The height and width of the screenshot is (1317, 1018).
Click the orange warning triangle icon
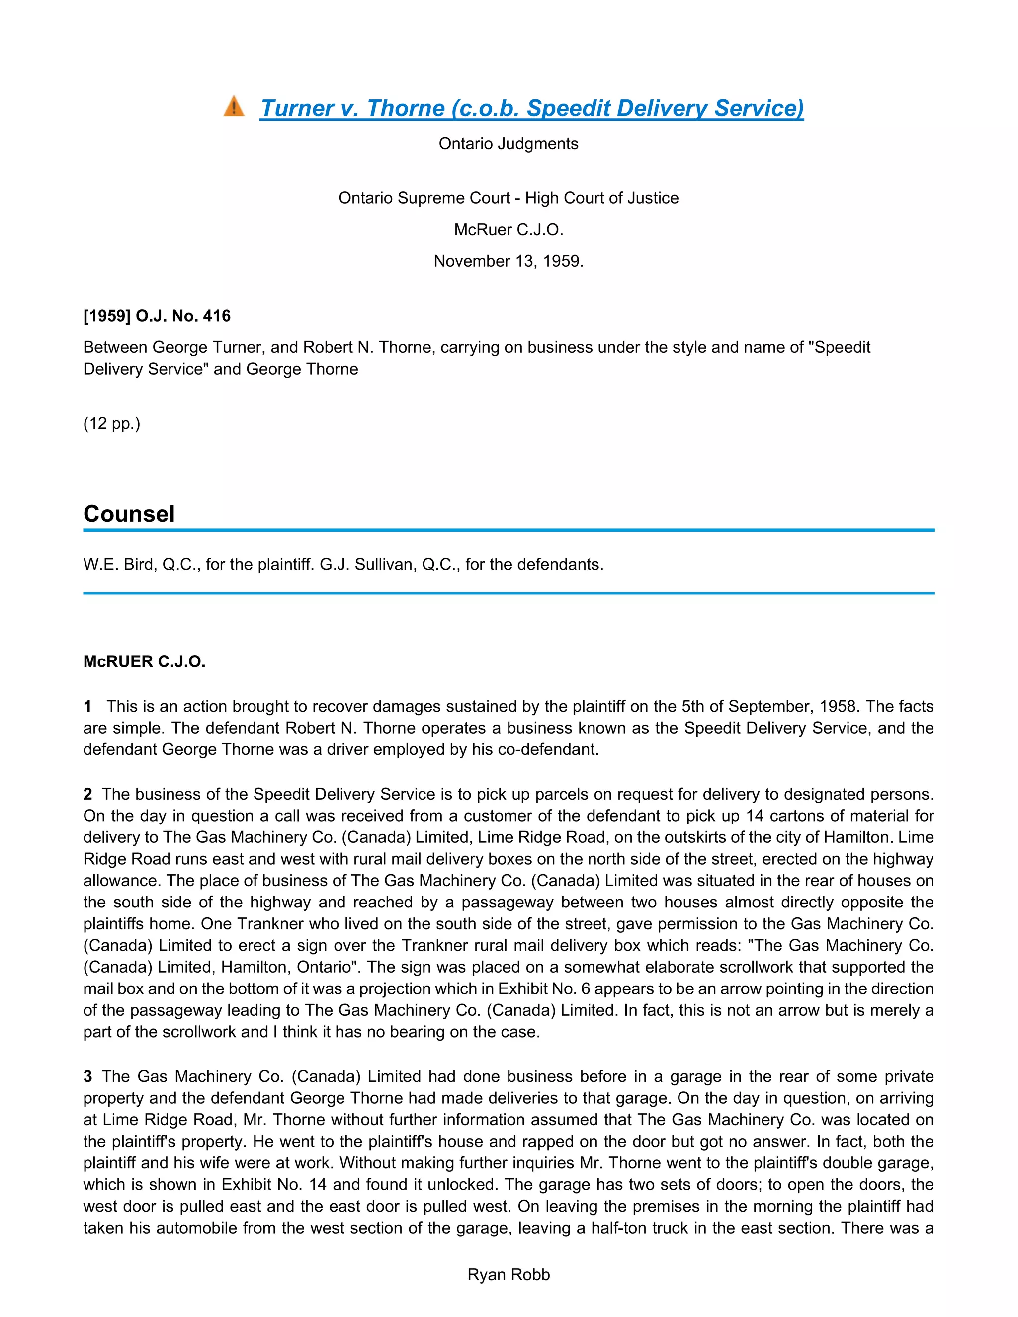[234, 107]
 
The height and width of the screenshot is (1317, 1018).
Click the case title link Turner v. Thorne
[531, 108]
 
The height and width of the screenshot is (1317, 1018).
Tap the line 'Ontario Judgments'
[509, 144]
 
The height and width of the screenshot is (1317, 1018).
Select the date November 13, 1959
[509, 261]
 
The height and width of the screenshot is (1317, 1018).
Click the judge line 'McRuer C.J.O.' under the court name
[509, 230]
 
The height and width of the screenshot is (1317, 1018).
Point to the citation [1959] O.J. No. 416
[157, 316]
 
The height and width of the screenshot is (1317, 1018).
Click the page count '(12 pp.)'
[111, 423]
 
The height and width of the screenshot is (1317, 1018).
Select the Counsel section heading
[129, 514]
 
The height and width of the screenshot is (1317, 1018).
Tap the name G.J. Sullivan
[368, 565]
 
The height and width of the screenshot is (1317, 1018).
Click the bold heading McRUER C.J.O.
[144, 661]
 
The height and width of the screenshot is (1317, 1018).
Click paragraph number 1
[88, 706]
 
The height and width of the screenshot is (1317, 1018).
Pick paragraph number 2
[88, 794]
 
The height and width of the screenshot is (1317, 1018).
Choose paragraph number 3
[88, 1076]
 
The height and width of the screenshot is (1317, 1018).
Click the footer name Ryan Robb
[509, 1274]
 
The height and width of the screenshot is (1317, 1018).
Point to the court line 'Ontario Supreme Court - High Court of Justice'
[509, 198]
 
